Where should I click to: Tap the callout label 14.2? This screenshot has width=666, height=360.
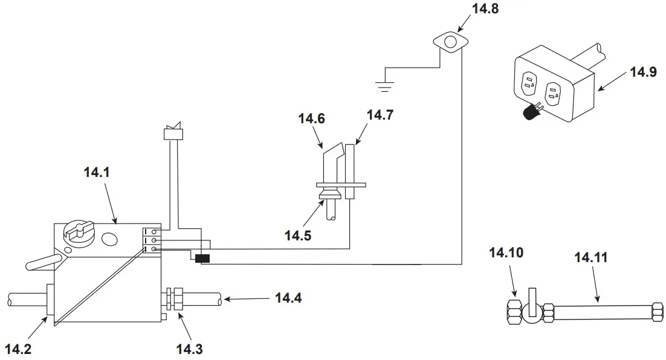click(x=19, y=349)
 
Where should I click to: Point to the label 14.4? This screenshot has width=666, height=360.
click(x=289, y=297)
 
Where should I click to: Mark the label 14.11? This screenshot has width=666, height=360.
click(x=591, y=258)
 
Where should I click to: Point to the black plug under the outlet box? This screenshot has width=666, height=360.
click(x=531, y=112)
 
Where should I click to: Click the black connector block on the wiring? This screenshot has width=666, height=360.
click(x=201, y=259)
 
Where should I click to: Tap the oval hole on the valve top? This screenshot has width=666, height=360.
click(x=109, y=240)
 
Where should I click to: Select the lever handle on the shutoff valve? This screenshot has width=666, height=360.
click(x=531, y=300)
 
